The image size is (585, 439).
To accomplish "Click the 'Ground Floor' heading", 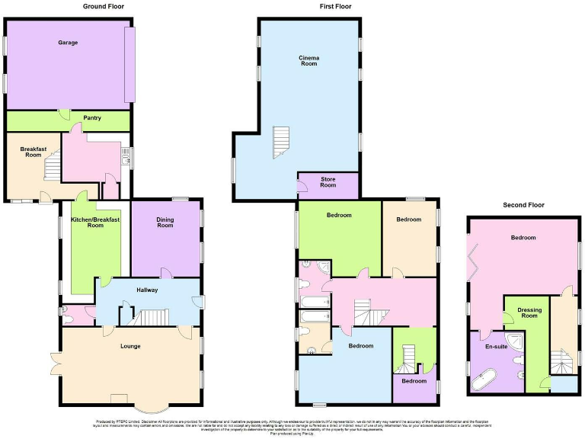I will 103,6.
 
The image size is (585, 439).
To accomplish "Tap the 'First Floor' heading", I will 335,6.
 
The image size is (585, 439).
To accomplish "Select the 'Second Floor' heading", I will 523,205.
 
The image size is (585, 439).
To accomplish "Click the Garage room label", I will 69,43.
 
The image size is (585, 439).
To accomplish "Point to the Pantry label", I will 92,118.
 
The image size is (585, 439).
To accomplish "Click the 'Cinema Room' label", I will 308,60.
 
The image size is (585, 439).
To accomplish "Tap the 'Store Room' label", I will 328,181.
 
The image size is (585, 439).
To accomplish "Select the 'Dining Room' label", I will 165,223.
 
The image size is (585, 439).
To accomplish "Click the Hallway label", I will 147,290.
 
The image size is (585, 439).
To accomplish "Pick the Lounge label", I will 130,346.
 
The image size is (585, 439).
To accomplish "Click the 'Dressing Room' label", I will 529,312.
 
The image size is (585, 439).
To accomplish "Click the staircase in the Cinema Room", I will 281,143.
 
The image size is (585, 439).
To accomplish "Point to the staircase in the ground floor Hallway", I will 152,316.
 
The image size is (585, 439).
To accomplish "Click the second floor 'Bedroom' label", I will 523,238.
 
